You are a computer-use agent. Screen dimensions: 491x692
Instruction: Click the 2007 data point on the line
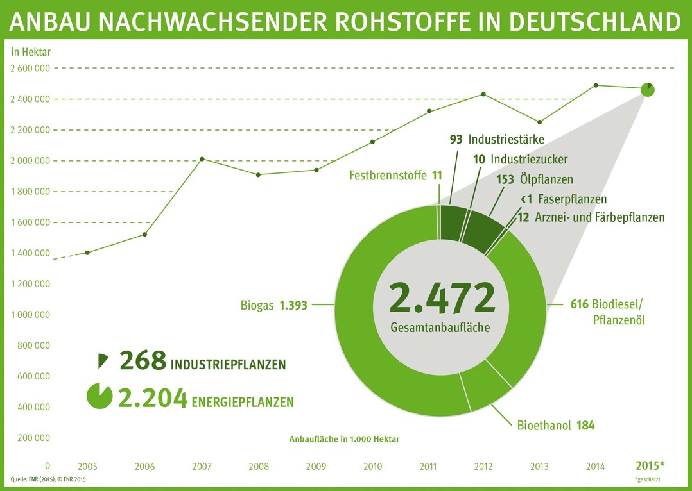tap(202, 159)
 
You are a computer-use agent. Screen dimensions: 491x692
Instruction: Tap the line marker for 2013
tap(539, 122)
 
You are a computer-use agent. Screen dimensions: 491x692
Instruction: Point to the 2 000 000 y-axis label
tap(30, 161)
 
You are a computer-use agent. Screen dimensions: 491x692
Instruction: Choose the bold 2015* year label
tap(650, 465)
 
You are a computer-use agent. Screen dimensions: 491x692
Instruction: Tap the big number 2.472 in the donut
tap(442, 298)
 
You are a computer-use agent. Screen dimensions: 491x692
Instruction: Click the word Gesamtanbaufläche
tap(440, 328)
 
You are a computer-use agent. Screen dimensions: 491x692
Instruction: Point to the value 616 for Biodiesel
tap(580, 305)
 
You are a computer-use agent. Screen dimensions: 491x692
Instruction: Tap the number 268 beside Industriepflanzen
tap(143, 361)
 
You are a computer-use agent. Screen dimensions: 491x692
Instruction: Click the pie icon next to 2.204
tap(99, 395)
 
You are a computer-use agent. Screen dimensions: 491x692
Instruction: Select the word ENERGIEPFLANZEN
tap(243, 403)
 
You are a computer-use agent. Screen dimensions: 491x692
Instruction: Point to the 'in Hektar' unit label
tap(31, 51)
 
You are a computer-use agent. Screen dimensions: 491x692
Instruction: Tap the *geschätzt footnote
tap(647, 479)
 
